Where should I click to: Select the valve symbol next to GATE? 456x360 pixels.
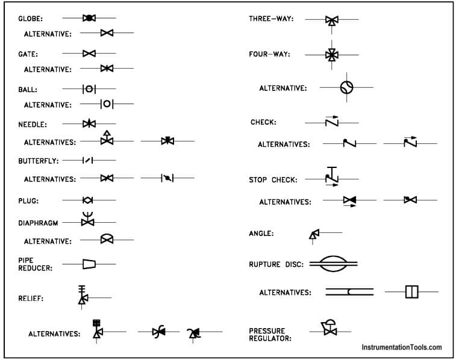coord(89,54)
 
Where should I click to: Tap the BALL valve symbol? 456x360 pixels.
coord(89,89)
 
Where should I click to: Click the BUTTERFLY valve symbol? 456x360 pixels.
coord(89,161)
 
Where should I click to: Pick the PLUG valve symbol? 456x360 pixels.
coord(89,199)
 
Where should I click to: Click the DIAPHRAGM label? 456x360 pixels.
coord(38,223)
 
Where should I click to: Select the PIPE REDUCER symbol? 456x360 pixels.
coord(89,264)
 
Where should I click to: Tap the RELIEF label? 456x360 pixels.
coord(31,297)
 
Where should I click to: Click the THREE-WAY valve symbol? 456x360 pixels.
coord(331,20)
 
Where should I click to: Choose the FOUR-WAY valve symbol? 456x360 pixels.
coord(331,55)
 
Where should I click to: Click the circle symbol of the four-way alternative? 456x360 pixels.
coord(346,88)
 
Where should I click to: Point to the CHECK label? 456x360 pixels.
coord(263,122)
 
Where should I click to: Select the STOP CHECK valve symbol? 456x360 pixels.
coord(332,176)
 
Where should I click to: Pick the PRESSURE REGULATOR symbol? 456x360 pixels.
coord(330,328)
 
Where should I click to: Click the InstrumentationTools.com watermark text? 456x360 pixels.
coord(402,347)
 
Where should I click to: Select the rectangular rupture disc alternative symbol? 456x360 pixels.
coord(411,292)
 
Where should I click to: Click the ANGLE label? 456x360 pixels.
coord(261,234)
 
